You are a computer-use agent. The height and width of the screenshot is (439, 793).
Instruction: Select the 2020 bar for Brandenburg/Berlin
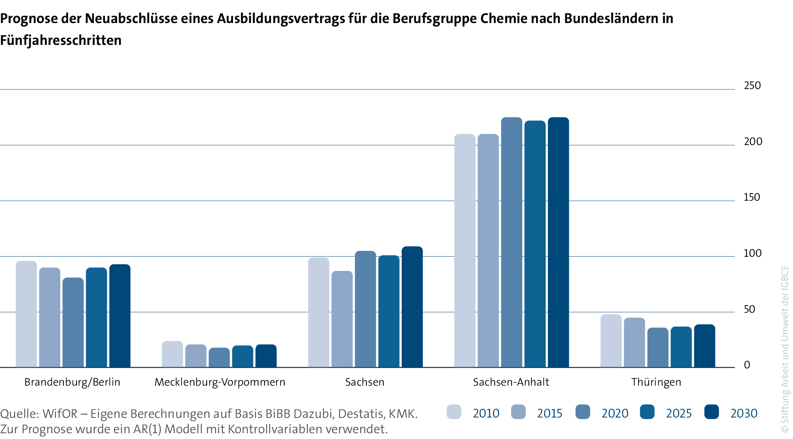coord(73,322)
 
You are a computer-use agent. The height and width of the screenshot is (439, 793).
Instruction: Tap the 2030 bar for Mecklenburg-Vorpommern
coord(266,356)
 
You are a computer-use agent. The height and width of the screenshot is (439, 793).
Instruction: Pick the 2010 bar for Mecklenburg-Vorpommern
coord(172,354)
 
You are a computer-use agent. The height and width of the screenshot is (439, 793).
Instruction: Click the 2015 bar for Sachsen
coord(342,319)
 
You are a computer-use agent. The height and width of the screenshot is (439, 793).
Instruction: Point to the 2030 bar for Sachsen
coord(412,307)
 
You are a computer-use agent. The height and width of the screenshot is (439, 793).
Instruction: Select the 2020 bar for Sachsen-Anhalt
coord(512,242)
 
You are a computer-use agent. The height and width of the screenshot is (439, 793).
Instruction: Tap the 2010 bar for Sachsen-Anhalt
coord(465,251)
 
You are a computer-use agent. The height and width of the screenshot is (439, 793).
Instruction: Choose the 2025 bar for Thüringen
coord(681,347)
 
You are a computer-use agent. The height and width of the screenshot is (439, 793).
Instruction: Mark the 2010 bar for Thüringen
coord(611,341)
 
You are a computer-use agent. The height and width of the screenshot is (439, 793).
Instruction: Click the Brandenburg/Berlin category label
coord(72,382)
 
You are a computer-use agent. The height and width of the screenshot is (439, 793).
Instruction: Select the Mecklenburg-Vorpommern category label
coord(220,382)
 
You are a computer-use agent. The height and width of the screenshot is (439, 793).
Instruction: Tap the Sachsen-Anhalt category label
coord(511,382)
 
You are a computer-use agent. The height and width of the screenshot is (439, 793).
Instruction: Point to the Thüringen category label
coord(656,382)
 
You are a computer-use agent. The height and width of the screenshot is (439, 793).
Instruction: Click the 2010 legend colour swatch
coord(454,412)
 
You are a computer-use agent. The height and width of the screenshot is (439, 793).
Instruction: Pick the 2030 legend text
coord(744,413)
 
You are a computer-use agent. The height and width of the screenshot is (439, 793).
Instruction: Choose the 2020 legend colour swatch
coord(583,412)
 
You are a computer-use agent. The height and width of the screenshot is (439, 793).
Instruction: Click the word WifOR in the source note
coord(60,414)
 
